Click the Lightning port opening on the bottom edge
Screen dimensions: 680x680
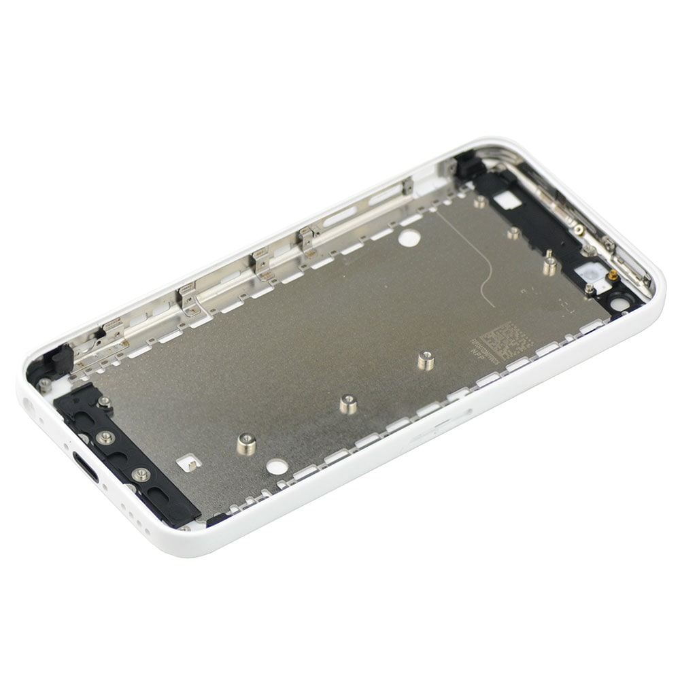tap(85, 467)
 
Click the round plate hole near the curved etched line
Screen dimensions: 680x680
tap(409, 238)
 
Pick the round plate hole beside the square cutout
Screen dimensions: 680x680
tap(276, 466)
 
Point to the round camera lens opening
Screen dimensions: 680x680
tap(619, 303)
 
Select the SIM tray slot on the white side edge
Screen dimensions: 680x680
tap(442, 425)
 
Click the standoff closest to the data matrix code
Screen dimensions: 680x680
tap(426, 360)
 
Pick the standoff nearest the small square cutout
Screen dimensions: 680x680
tap(246, 444)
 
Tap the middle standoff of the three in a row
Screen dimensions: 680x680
tap(348, 404)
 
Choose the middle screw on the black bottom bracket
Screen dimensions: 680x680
tap(105, 437)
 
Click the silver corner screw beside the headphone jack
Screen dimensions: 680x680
tap(45, 384)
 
